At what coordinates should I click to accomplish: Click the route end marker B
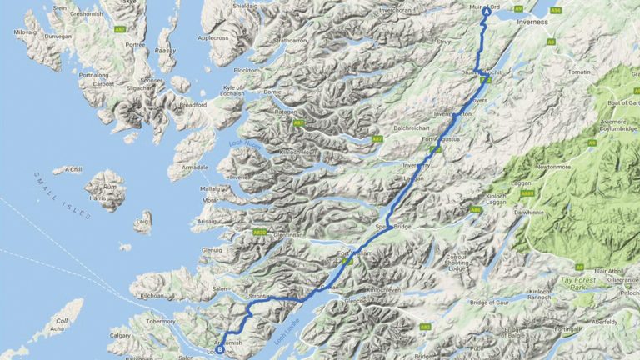[x=219, y=350]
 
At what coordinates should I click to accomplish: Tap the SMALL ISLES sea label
[x=62, y=194]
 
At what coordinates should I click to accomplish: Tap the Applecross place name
[x=214, y=38]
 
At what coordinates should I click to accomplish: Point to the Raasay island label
[x=165, y=50]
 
